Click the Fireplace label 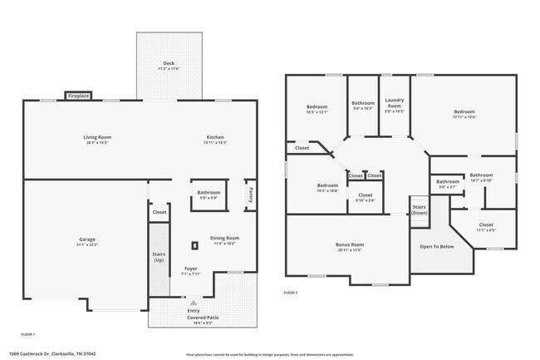[x=78, y=96]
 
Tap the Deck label [x=169, y=64]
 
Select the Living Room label [x=97, y=137]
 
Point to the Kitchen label [x=215, y=137]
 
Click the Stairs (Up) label [x=158, y=258]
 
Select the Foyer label [x=190, y=269]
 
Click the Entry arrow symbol [x=194, y=303]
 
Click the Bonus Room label [x=350, y=244]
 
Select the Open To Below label [x=436, y=247]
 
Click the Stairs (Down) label [x=419, y=210]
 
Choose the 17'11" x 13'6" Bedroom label [x=464, y=111]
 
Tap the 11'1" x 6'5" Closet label [x=486, y=225]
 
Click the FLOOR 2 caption [x=290, y=293]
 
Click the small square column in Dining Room [x=195, y=245]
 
